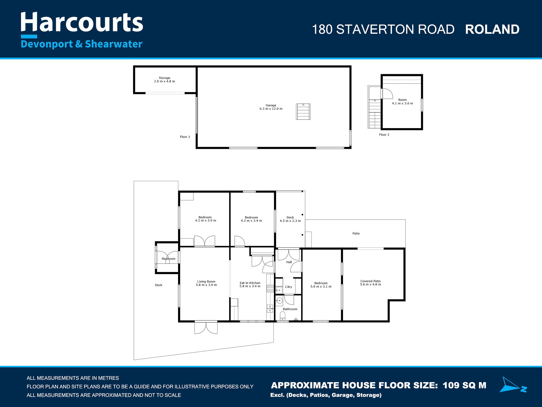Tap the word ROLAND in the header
coord(492,29)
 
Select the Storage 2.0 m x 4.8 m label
coord(164,80)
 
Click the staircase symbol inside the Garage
coord(303,111)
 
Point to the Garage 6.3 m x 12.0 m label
coord(271,107)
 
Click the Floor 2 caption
coord(384,135)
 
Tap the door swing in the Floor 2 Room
coord(387,93)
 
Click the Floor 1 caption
coord(185,137)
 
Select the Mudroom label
coord(169,259)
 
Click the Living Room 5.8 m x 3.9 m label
coord(206,283)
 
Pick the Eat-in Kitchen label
coord(250,284)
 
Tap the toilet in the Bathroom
coord(283,316)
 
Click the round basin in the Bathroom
coord(279,301)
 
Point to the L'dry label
coord(288,287)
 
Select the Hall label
coord(289,262)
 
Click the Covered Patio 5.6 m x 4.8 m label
coord(370,283)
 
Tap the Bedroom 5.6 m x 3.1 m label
coord(321,285)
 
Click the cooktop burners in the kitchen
coord(270,289)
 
